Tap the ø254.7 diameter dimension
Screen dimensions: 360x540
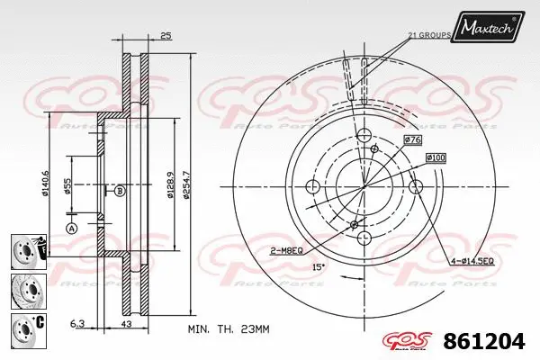pyautogui.click(x=186, y=184)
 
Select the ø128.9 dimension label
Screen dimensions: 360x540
pyautogui.click(x=169, y=184)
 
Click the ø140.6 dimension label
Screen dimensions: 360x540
pyautogui.click(x=46, y=184)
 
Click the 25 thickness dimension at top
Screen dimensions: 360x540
pyautogui.click(x=165, y=37)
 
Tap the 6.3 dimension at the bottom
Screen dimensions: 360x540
pyautogui.click(x=78, y=324)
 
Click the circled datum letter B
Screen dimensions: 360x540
pyautogui.click(x=119, y=190)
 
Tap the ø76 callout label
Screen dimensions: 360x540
pyautogui.click(x=412, y=139)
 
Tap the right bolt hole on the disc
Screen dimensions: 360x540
pyautogui.click(x=415, y=186)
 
